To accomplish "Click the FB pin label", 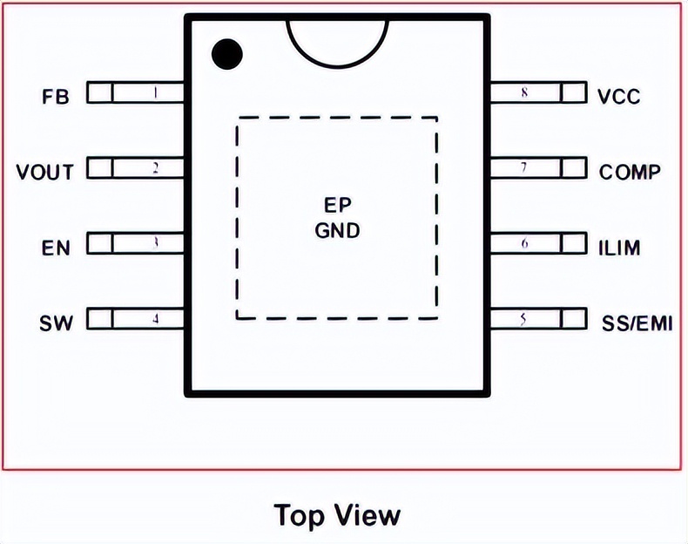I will (x=56, y=95).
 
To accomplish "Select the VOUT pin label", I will (x=45, y=171).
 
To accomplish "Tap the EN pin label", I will (x=56, y=248).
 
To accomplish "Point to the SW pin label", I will (x=56, y=323).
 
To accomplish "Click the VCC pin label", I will (x=619, y=96).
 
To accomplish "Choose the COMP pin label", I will (x=630, y=172).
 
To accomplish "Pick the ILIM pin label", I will (x=620, y=248).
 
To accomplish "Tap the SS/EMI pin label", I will (x=637, y=324).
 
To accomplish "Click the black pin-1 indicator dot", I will (x=227, y=55).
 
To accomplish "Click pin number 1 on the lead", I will (x=155, y=92).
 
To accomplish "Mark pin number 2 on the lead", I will (x=155, y=167).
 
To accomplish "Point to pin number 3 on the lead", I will (x=155, y=243).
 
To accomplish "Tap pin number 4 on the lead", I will (x=155, y=319).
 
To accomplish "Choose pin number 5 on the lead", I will (x=523, y=319).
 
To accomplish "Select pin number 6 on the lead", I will (x=524, y=243).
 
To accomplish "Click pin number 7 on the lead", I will (x=524, y=167).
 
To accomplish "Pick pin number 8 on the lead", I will (x=524, y=92).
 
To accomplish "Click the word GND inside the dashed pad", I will (x=337, y=232).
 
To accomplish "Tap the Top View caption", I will (x=338, y=514).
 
